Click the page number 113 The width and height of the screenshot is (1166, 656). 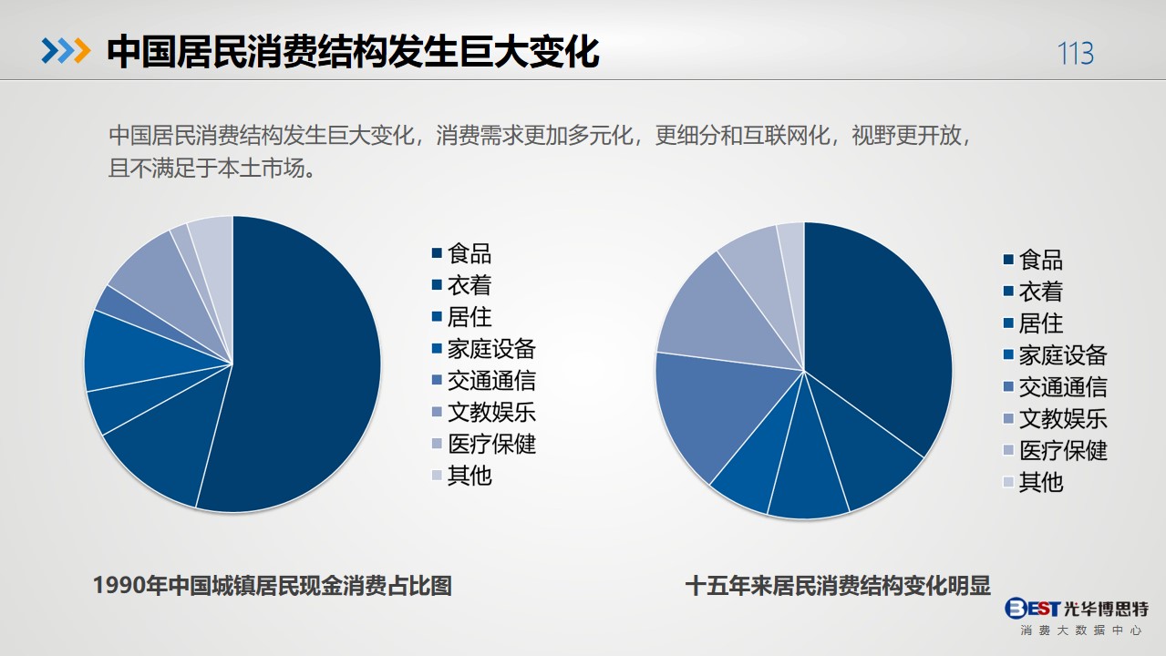click(x=1076, y=53)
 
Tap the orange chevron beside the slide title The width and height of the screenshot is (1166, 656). click(x=82, y=51)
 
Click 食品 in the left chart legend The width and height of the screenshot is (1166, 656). click(x=469, y=254)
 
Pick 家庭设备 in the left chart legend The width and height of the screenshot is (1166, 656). click(x=491, y=349)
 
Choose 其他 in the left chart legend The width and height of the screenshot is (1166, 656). click(x=469, y=476)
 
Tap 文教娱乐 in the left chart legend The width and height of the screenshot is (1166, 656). click(x=491, y=413)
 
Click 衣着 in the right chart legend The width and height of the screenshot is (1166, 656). click(x=1040, y=292)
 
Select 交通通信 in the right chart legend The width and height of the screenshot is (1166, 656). click(x=1062, y=387)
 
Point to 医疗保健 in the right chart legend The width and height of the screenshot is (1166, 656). click(x=1062, y=450)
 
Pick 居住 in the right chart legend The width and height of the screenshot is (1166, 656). click(x=1040, y=323)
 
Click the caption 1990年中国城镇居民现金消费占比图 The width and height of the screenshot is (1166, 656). click(x=273, y=585)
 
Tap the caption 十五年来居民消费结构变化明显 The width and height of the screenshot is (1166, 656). click(x=838, y=585)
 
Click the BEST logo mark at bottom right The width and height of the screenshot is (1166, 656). click(x=1032, y=608)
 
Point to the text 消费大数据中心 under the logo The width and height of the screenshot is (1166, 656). click(x=1080, y=630)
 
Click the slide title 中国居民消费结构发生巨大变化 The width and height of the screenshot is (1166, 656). click(x=353, y=52)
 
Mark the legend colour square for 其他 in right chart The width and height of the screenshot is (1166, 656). click(x=1008, y=482)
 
